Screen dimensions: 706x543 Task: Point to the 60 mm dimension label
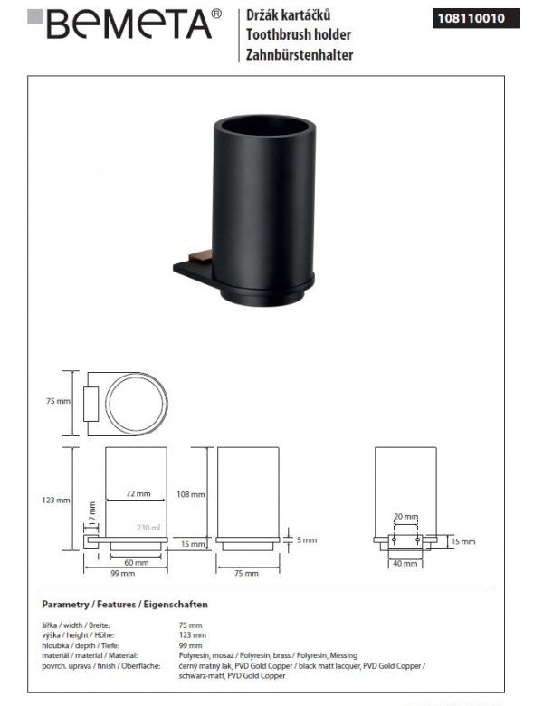click(133, 563)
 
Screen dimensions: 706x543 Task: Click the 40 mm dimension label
click(405, 563)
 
